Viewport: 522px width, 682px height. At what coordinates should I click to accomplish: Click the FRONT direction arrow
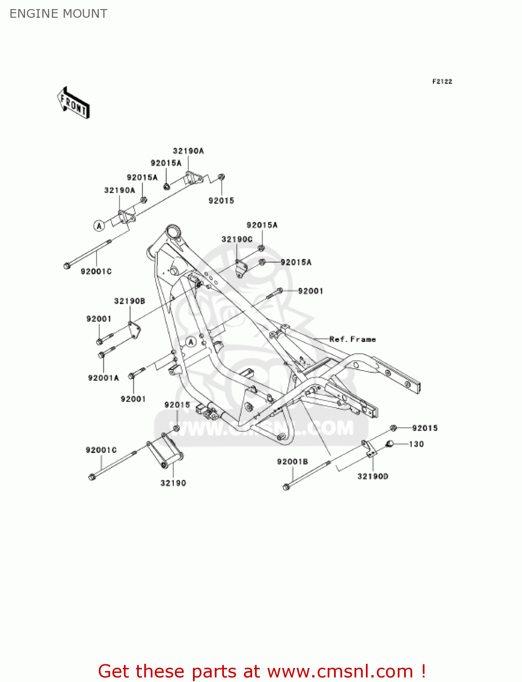pyautogui.click(x=73, y=103)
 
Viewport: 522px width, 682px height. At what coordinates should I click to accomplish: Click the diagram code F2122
pyautogui.click(x=442, y=81)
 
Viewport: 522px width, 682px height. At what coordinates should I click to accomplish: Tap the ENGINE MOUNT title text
pyautogui.click(x=58, y=14)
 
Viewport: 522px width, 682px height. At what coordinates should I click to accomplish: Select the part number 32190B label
pyautogui.click(x=130, y=301)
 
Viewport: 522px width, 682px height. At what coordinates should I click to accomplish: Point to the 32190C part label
pyautogui.click(x=237, y=239)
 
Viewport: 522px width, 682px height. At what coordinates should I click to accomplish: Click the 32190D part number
pyautogui.click(x=373, y=476)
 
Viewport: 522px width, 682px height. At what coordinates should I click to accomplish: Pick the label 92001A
pyautogui.click(x=103, y=378)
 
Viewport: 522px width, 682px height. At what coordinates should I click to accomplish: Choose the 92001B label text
pyautogui.click(x=292, y=462)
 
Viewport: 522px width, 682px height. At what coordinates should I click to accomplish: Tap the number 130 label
pyautogui.click(x=416, y=444)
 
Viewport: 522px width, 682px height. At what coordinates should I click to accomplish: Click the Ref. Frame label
pyautogui.click(x=352, y=339)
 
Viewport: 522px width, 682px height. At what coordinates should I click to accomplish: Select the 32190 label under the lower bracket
pyautogui.click(x=173, y=483)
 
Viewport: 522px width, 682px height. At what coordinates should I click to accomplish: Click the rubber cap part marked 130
pyautogui.click(x=390, y=444)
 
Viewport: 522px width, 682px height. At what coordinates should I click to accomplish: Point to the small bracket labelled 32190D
pyautogui.click(x=369, y=449)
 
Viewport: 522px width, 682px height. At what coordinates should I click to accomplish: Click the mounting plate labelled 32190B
pyautogui.click(x=134, y=330)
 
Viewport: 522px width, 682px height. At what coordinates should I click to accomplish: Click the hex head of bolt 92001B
pyautogui.click(x=286, y=487)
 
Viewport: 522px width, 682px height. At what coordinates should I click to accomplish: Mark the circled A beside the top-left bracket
pyautogui.click(x=99, y=226)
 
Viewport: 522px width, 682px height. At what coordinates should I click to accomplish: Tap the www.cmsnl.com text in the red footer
pyautogui.click(x=340, y=671)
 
